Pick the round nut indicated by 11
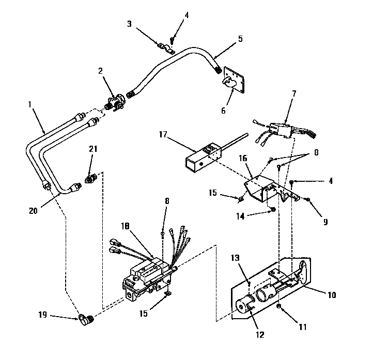pos(279,307)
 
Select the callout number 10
pos(331,295)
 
